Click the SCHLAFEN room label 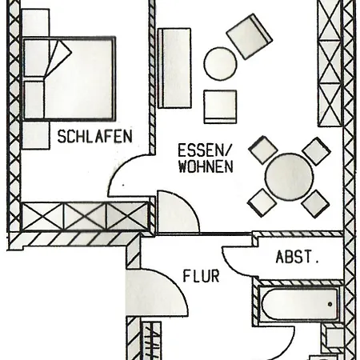click(x=95, y=136)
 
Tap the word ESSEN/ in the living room click(x=204, y=150)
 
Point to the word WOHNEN click(x=206, y=166)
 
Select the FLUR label click(x=201, y=276)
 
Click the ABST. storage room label click(x=298, y=257)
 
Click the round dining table click(x=290, y=177)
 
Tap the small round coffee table click(x=220, y=63)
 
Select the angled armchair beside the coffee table click(x=250, y=36)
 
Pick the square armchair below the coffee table click(x=220, y=107)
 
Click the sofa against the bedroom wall click(x=174, y=68)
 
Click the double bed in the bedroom click(x=70, y=78)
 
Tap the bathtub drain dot click(x=330, y=304)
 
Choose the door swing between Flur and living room click(x=178, y=212)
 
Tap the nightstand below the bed click(x=35, y=135)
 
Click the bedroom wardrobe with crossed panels click(x=85, y=216)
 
